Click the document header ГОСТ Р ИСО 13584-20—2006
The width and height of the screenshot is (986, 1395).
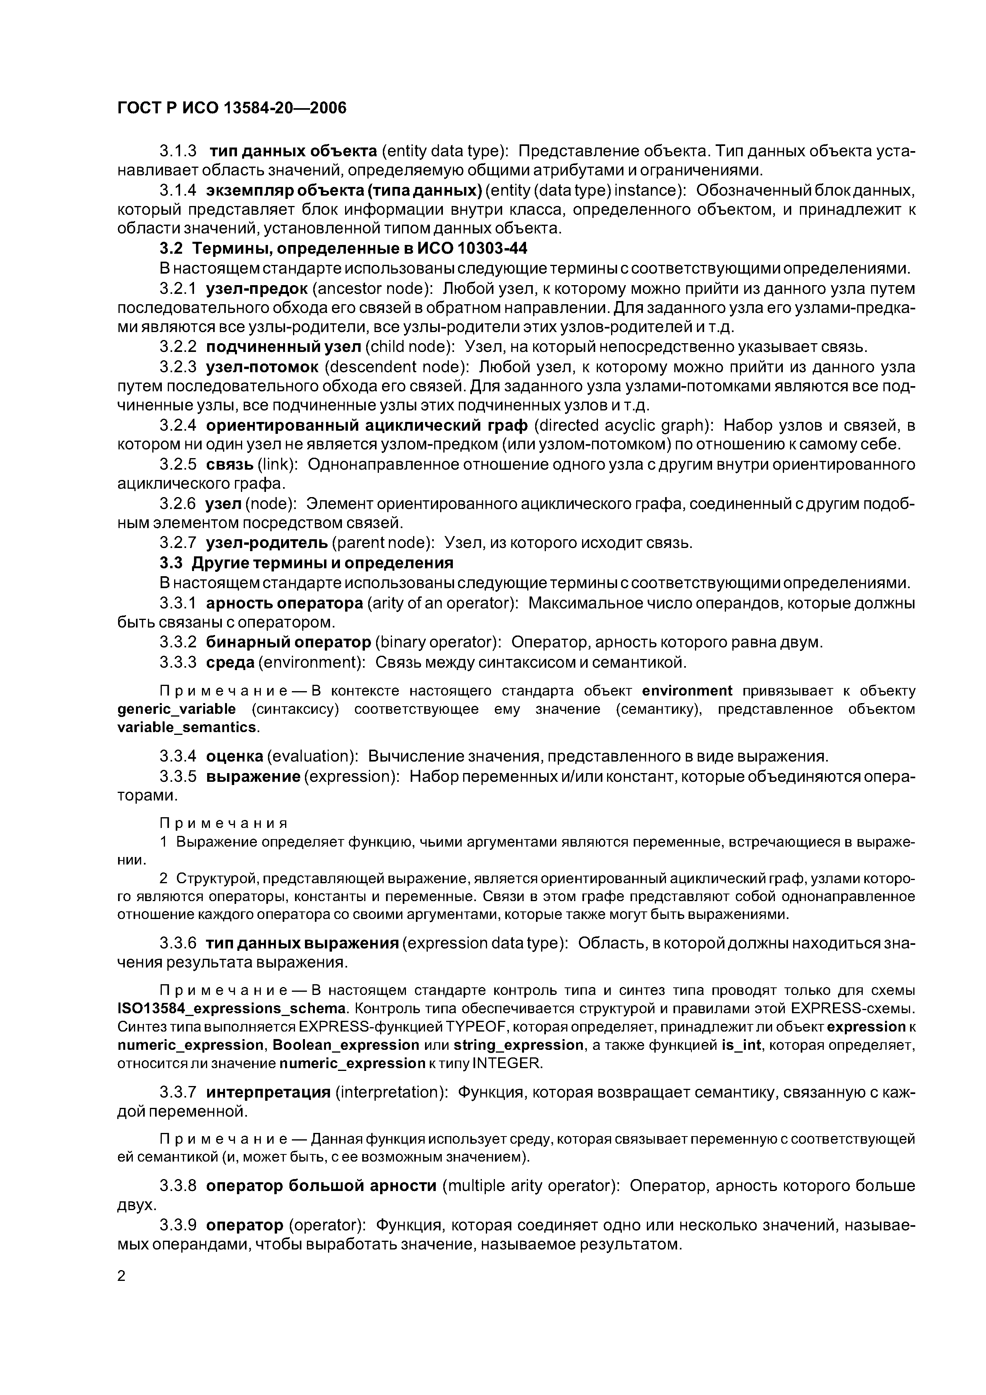(x=231, y=108)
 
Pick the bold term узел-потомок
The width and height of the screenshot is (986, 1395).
(x=262, y=367)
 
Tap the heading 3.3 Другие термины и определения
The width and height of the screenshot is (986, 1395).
(x=307, y=563)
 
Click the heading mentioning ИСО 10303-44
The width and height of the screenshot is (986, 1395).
(x=343, y=249)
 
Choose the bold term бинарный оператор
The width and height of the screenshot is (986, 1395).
(x=288, y=642)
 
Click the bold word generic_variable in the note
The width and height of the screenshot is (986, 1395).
(x=176, y=709)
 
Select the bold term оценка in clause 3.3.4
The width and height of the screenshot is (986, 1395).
(x=234, y=756)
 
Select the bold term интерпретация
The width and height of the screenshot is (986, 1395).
(x=268, y=1092)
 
